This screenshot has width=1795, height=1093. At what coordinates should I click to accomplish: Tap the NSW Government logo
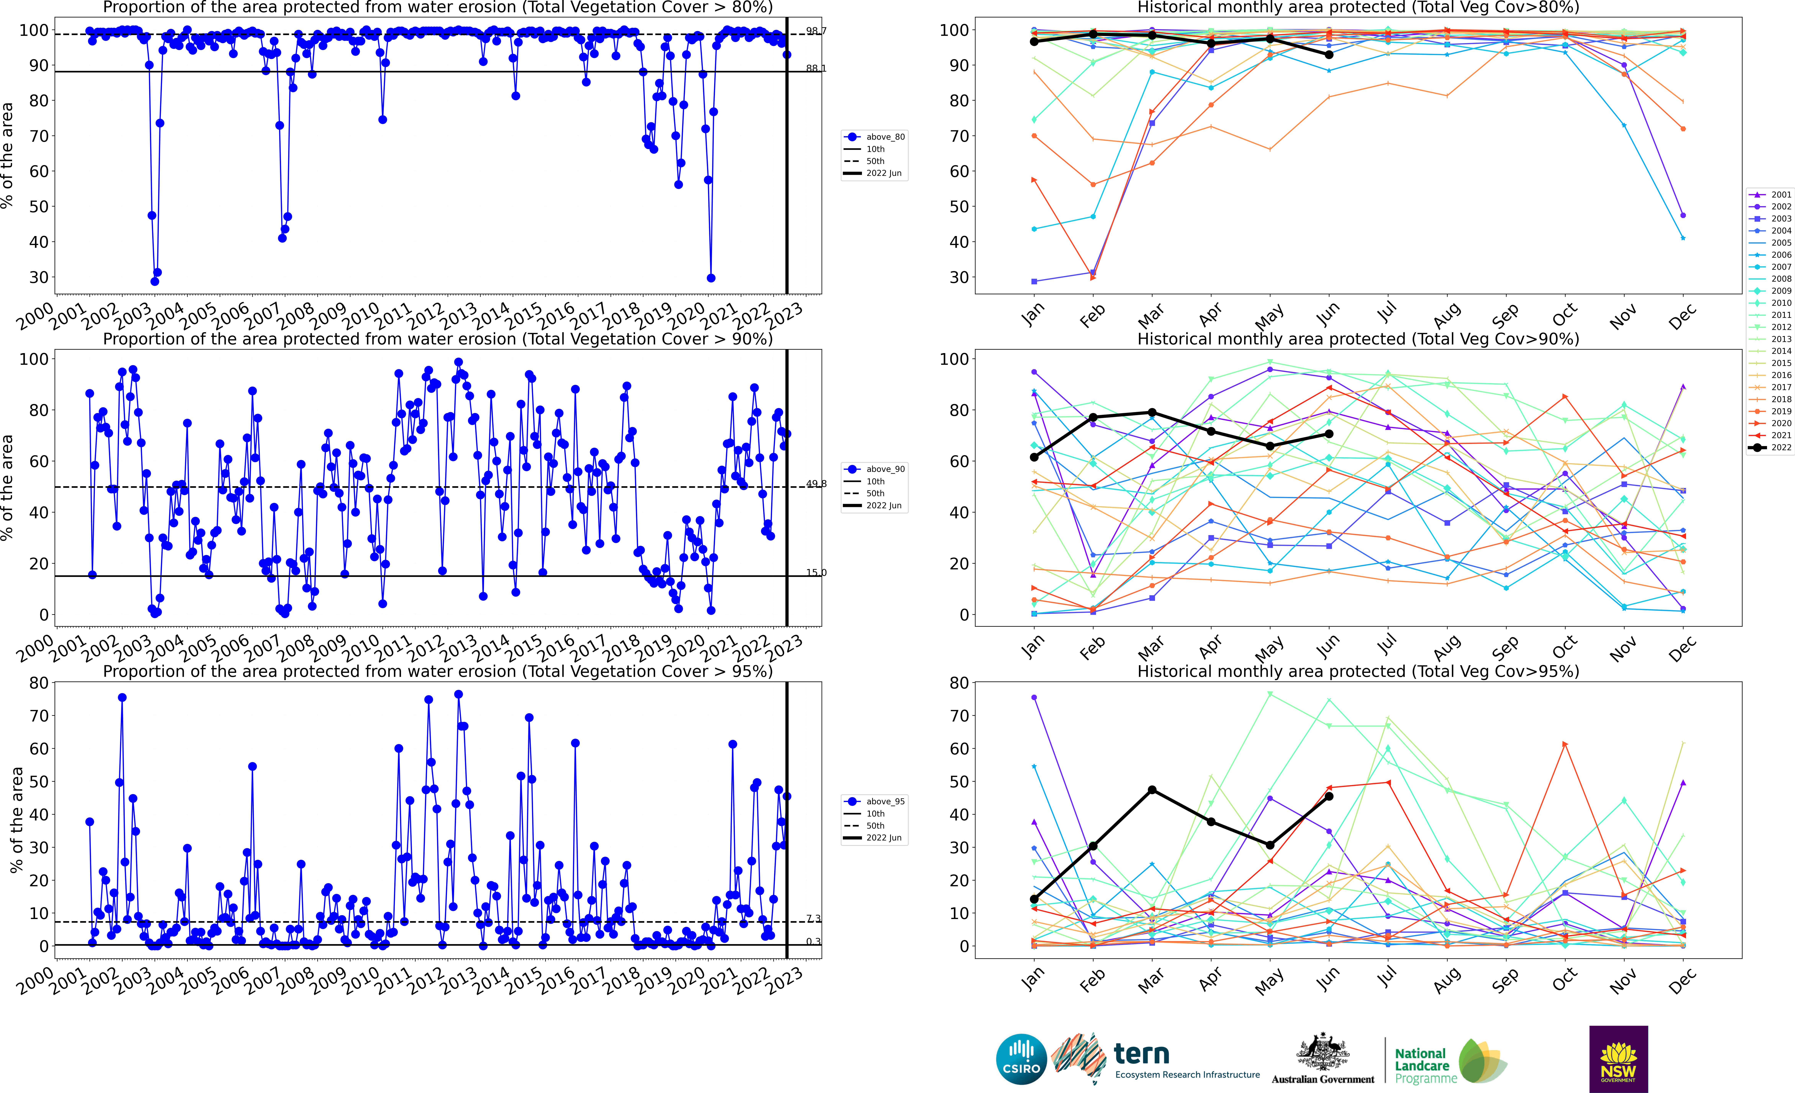coord(1618,1059)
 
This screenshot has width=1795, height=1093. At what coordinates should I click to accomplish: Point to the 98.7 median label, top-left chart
coord(816,31)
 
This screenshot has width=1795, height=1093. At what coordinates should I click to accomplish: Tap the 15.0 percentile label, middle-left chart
coord(816,573)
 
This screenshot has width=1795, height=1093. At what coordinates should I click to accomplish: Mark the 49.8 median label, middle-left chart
coord(816,484)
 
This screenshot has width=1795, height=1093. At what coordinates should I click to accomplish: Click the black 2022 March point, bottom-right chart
coord(1152,790)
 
